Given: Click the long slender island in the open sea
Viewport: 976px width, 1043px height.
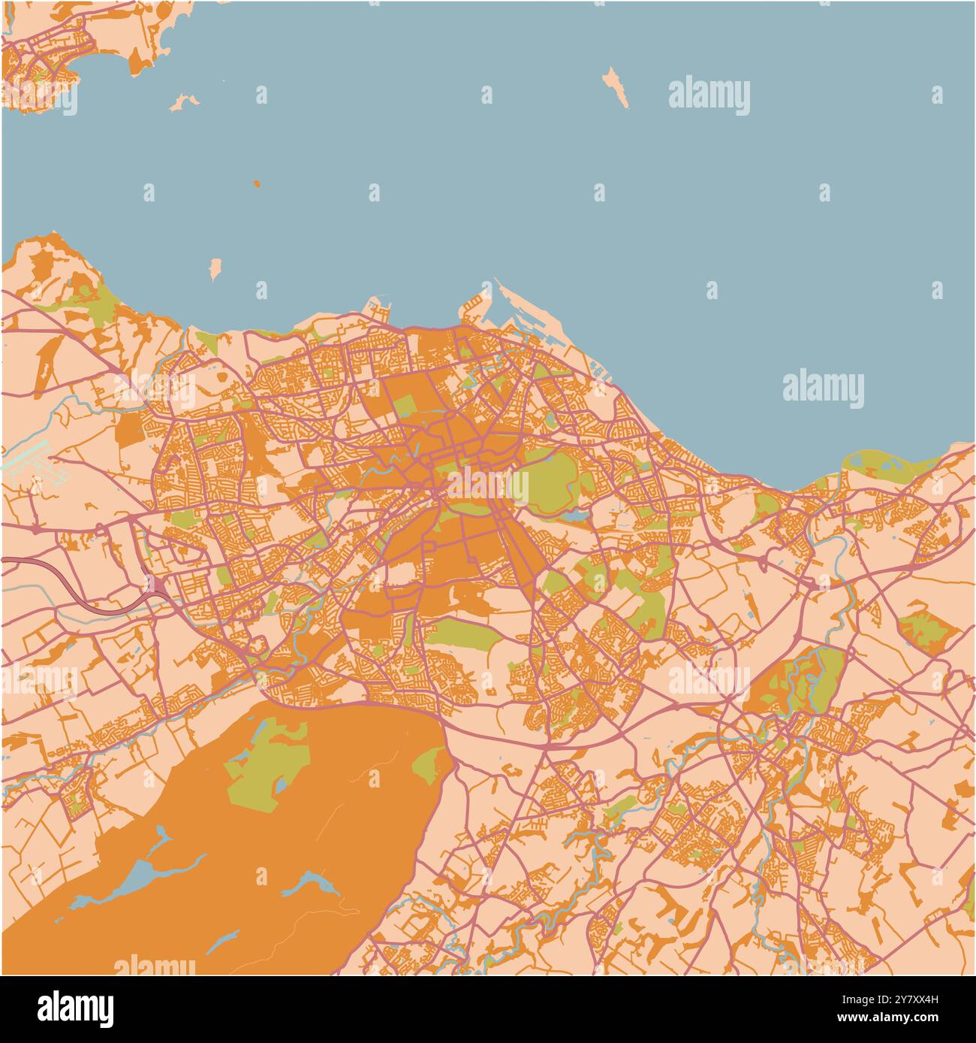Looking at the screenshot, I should (616, 87).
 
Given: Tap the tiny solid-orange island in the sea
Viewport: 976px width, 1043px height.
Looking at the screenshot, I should (256, 183).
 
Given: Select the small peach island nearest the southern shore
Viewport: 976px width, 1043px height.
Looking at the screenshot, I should (215, 268).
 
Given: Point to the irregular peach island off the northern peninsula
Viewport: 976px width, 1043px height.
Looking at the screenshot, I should (182, 101).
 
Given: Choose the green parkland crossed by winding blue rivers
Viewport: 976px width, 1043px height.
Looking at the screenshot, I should (807, 680).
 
